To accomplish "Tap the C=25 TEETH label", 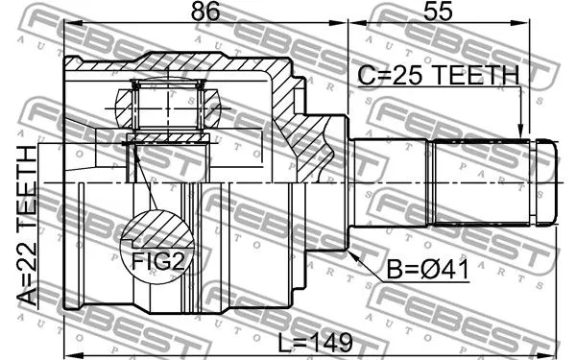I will pyautogui.click(x=438, y=75).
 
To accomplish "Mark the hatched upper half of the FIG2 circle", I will pyautogui.click(x=154, y=228).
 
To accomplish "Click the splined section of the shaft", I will pyautogui.click(x=480, y=183).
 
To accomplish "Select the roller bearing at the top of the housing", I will pyautogui.click(x=169, y=106).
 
